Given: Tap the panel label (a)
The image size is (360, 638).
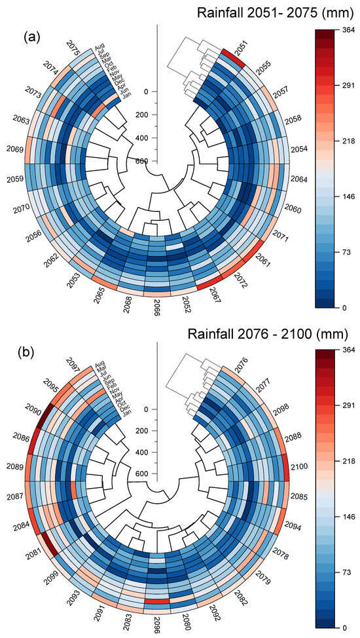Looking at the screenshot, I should (x=33, y=37).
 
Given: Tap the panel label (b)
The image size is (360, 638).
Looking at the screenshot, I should (x=33, y=355).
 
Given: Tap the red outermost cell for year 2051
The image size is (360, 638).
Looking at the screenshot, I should (x=233, y=57).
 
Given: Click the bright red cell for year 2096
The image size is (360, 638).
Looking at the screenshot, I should (x=157, y=601).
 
